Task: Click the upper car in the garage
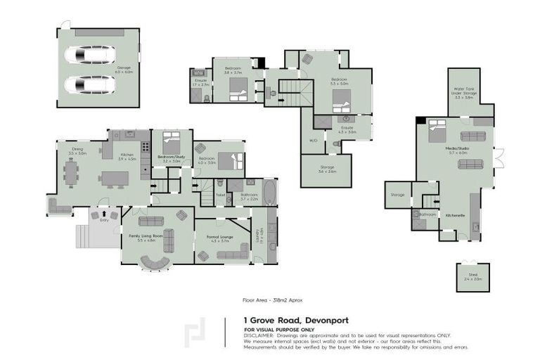coord(90,54)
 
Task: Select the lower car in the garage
coord(90,85)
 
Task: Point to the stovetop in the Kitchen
coord(146,147)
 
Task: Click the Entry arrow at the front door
coord(104,212)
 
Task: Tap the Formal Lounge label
coord(220,238)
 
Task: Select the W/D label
coord(313,141)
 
